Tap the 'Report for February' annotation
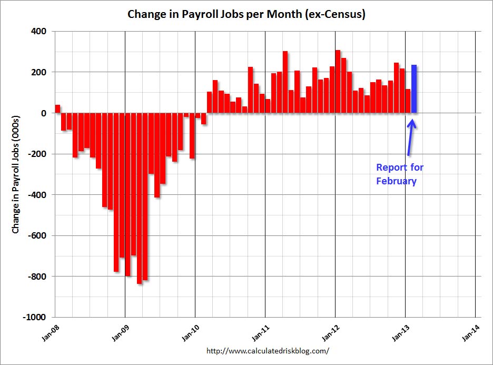tap(400, 174)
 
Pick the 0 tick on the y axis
tap(45, 113)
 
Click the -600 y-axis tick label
tap(38, 235)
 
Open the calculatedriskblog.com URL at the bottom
tap(268, 350)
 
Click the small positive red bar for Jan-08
tap(57, 109)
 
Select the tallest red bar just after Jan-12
tap(338, 82)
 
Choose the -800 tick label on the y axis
tap(38, 277)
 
